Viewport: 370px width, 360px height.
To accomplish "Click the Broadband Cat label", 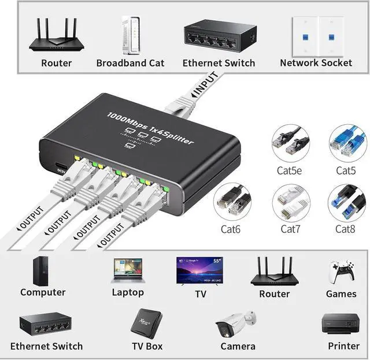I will pos(130,63).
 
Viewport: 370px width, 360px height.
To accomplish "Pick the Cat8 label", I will pos(346,229).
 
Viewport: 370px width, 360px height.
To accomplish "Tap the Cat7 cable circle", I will pos(290,203).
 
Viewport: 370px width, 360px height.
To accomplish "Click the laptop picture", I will pos(128,271).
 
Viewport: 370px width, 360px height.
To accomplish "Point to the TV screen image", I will pos(199,270).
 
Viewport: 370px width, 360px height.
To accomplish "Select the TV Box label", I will pos(147,346).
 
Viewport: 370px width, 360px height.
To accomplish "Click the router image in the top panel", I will pos(56,36).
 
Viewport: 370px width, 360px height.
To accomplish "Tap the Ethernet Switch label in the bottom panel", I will pos(46,346).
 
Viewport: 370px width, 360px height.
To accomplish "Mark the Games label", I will pos(341,294).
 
